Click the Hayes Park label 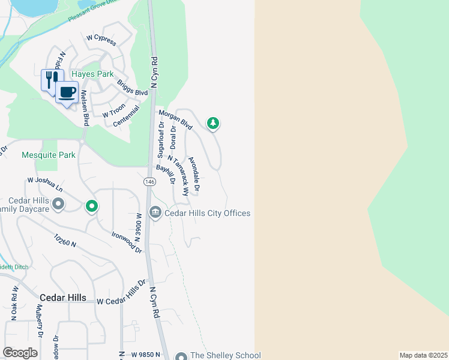[92, 74]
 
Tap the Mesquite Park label [49, 155]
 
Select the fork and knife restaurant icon [49, 79]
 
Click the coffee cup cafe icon [67, 92]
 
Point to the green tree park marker [212, 124]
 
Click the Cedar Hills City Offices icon [155, 212]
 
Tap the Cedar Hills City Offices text [207, 213]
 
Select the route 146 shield [149, 181]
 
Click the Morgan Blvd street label [175, 120]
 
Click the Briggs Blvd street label [132, 88]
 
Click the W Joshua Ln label [45, 184]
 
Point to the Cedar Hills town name [63, 298]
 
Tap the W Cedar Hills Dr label [121, 292]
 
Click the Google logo [20, 353]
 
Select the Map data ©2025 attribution [424, 355]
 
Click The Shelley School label [225, 355]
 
